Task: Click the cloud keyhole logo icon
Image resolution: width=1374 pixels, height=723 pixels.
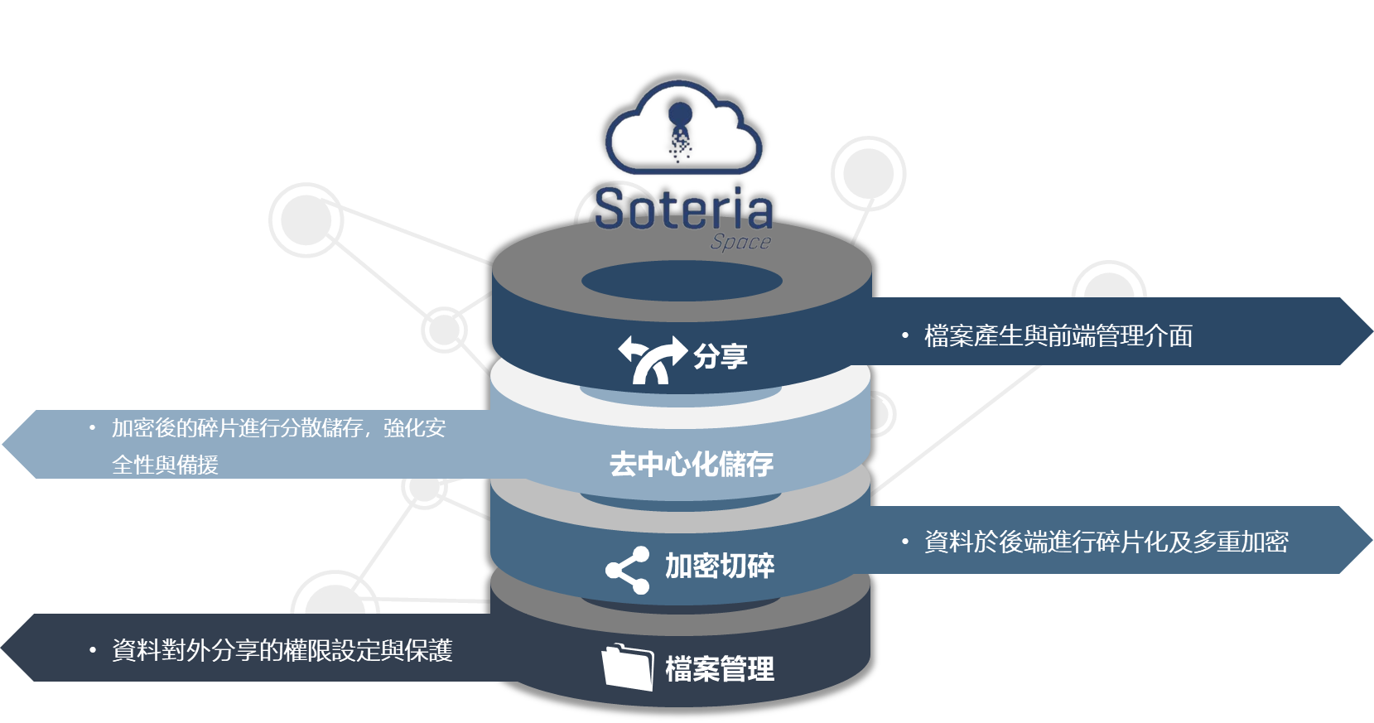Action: [x=682, y=128]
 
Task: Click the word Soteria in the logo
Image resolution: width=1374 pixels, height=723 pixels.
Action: [x=683, y=210]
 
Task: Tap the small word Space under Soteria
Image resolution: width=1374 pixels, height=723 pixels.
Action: [x=740, y=242]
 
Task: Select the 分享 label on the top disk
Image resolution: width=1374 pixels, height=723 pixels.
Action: [x=721, y=357]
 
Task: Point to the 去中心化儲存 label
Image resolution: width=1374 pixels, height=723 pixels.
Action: [x=692, y=464]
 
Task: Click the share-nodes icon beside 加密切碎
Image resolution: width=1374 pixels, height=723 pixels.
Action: [x=628, y=570]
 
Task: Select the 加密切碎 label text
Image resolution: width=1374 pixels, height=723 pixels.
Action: [x=720, y=566]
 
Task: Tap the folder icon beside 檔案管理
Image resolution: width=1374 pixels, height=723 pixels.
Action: [x=627, y=667]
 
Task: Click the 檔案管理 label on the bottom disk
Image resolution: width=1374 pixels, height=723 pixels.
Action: [x=720, y=669]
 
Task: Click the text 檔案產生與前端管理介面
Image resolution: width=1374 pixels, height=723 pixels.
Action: [x=1058, y=336]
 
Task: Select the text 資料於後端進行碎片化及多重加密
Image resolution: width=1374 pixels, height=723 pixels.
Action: [x=1106, y=542]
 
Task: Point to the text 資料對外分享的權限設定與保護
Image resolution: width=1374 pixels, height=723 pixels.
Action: [x=282, y=651]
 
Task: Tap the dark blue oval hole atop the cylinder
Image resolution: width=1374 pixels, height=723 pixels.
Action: [x=682, y=281]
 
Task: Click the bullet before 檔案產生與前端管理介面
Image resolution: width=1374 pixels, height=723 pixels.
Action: [x=905, y=335]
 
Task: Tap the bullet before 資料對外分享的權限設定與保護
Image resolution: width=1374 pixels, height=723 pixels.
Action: [x=93, y=650]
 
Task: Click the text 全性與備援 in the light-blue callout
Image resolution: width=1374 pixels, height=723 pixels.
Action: [x=166, y=465]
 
